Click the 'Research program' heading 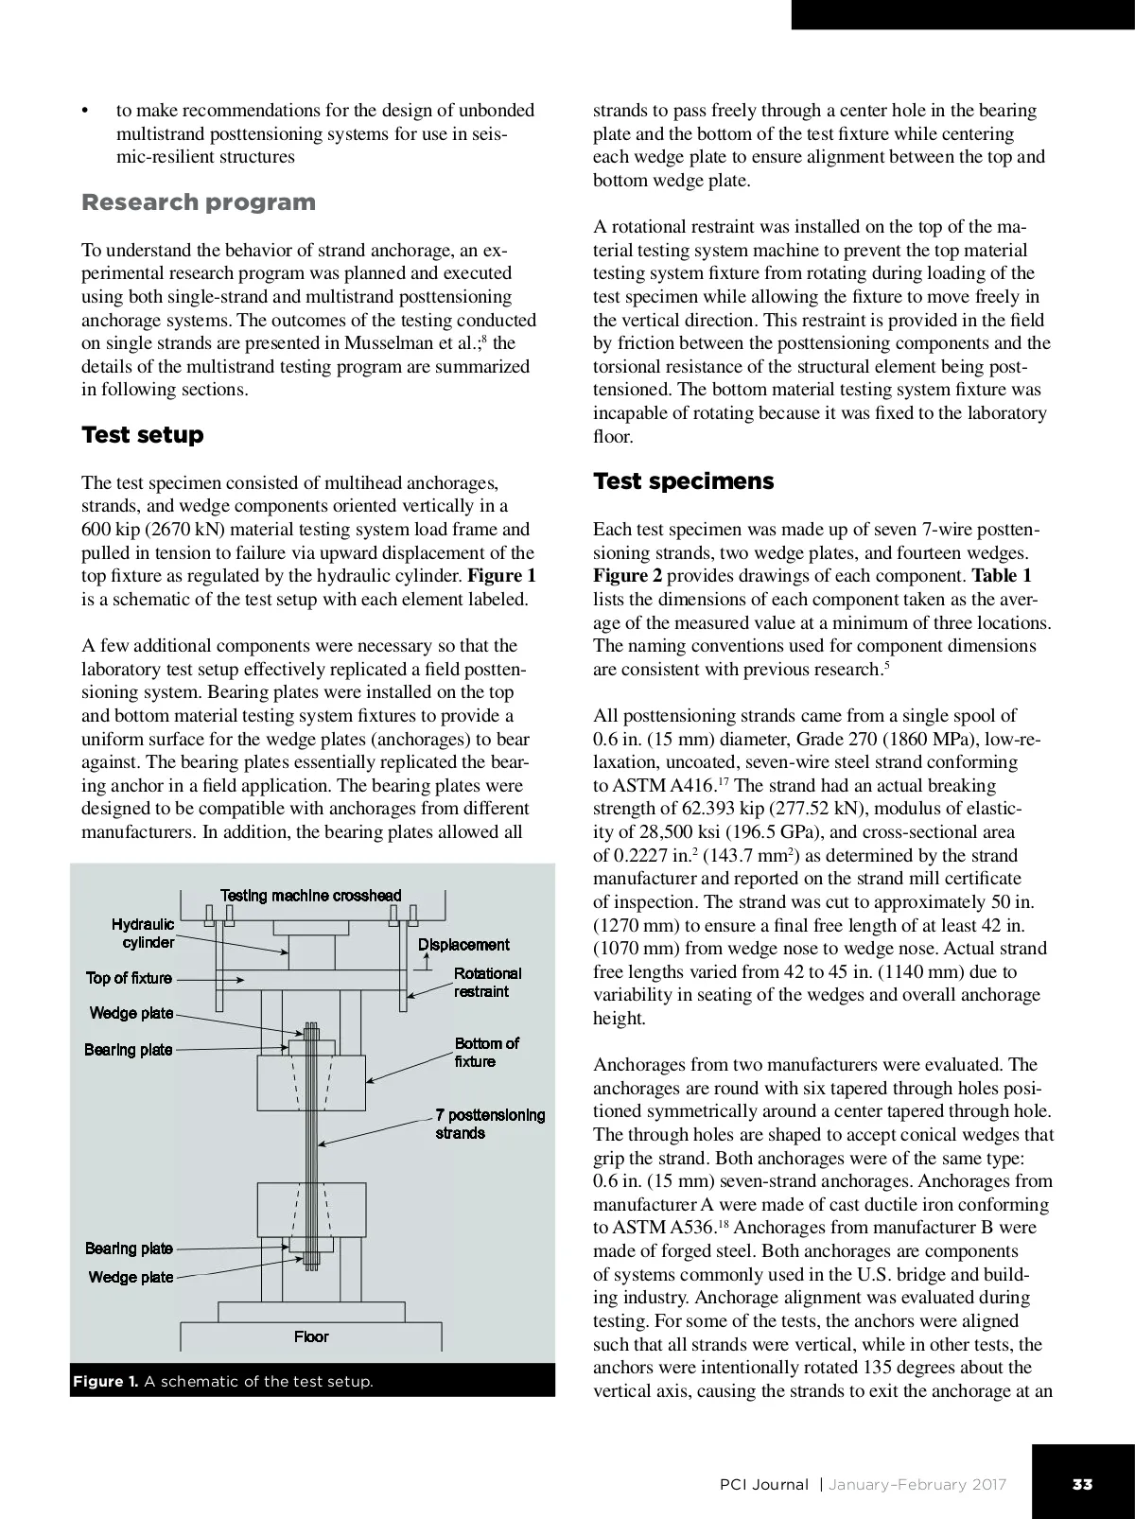[x=199, y=202]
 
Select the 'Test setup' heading [x=143, y=435]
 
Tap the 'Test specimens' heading [x=683, y=481]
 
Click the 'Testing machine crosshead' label [x=310, y=895]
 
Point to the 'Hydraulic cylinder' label [x=143, y=934]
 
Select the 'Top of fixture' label [x=130, y=978]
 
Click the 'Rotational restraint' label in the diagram [x=487, y=982]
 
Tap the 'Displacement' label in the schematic [x=463, y=944]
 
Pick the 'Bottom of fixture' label [x=486, y=1052]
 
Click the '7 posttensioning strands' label [x=490, y=1124]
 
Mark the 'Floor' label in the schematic [x=311, y=1336]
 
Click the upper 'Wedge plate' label [x=131, y=1013]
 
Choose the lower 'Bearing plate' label [x=129, y=1248]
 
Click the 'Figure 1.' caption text [x=106, y=1382]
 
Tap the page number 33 [x=1082, y=1484]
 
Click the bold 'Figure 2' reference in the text [x=628, y=576]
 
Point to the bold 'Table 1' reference [x=1002, y=576]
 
